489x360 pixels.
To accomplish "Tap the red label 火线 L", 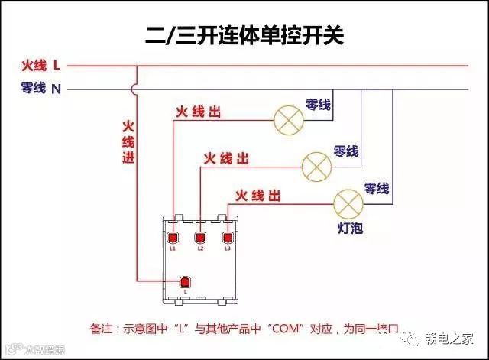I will click(x=40, y=66).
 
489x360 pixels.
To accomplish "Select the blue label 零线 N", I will click(x=40, y=89).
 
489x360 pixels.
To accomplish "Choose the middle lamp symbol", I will click(x=316, y=164).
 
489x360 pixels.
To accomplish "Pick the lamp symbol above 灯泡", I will click(x=348, y=202).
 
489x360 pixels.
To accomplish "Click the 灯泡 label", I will click(x=350, y=228).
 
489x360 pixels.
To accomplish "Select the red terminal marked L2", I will click(x=200, y=237).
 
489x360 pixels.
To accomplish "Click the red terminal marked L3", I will click(x=228, y=237).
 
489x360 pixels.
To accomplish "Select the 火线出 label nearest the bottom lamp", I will click(x=258, y=196).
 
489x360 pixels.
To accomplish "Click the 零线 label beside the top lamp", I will click(x=318, y=105).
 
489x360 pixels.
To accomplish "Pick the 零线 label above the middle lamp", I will click(x=346, y=151).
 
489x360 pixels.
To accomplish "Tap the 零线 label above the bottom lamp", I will click(x=377, y=188).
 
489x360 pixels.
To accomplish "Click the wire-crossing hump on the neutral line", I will click(x=135, y=89).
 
